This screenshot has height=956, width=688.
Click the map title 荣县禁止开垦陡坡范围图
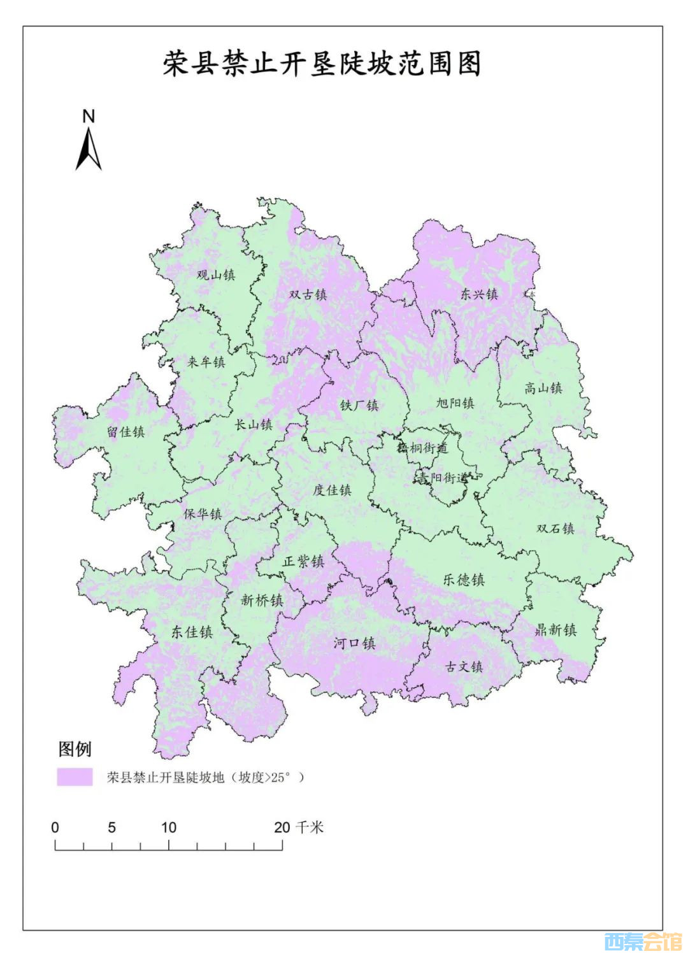click(x=322, y=64)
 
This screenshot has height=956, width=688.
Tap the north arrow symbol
click(x=89, y=149)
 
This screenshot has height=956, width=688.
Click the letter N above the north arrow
click(x=89, y=116)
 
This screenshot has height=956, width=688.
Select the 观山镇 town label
click(x=216, y=275)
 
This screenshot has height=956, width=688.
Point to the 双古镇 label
click(x=308, y=294)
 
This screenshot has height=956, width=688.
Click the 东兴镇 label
click(x=479, y=294)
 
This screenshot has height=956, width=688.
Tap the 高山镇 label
click(x=543, y=388)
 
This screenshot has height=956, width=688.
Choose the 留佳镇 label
click(x=126, y=432)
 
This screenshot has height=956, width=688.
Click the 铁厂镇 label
click(x=359, y=405)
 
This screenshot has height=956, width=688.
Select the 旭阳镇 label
click(x=455, y=403)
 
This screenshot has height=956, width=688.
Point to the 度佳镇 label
click(x=332, y=490)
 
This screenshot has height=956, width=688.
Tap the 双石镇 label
click(x=555, y=529)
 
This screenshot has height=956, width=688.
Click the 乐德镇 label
click(x=464, y=580)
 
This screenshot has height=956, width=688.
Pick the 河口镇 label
click(x=355, y=643)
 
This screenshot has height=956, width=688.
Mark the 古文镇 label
click(x=464, y=666)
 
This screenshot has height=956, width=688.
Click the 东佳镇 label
click(x=192, y=632)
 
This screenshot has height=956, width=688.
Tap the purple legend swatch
click(x=75, y=777)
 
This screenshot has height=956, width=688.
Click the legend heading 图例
click(x=75, y=749)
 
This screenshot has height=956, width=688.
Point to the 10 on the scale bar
click(x=168, y=827)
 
